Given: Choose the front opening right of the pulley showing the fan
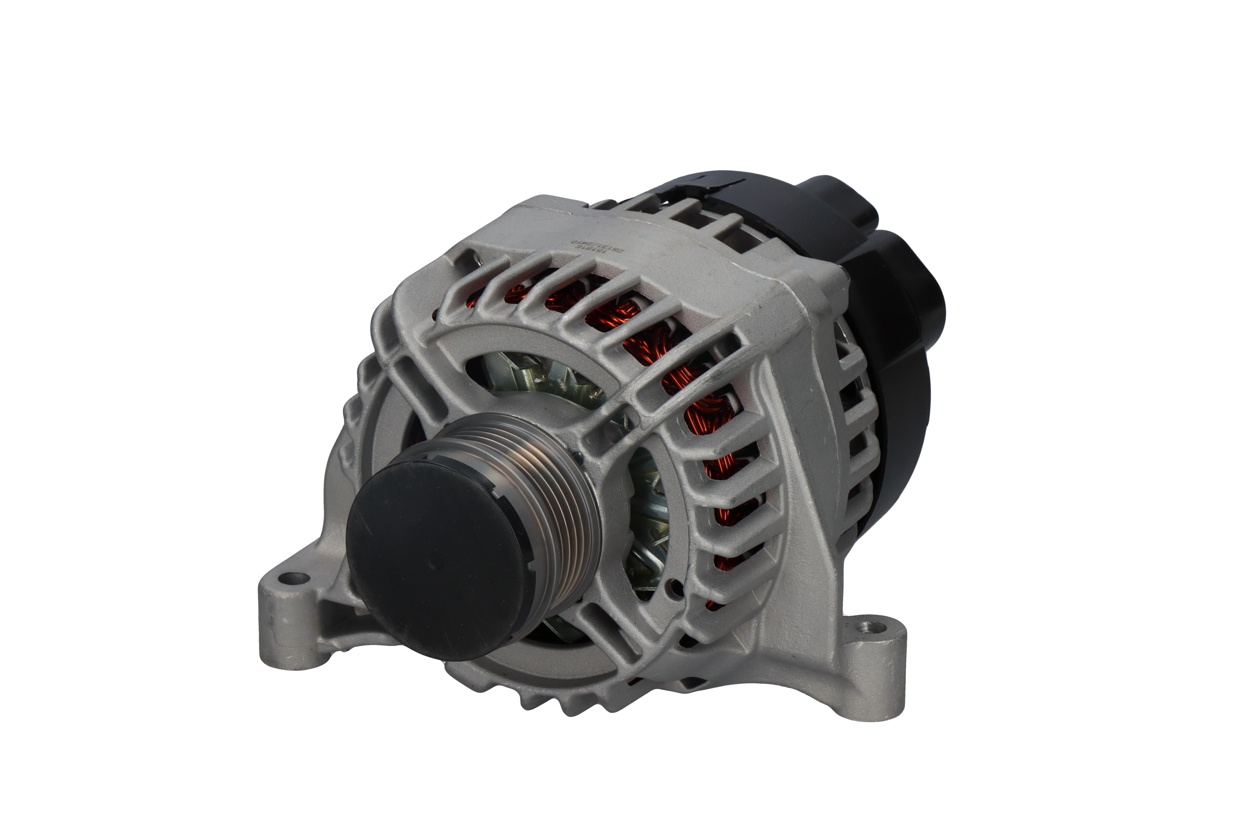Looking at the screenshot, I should coord(649,509).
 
